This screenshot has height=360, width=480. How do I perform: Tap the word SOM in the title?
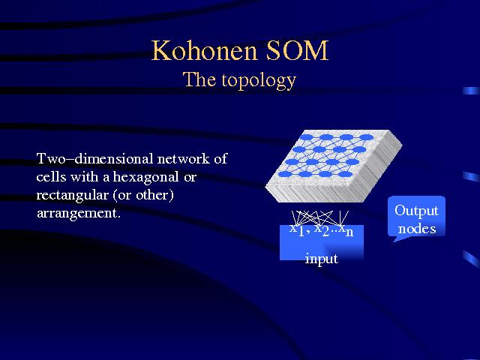pos(297,50)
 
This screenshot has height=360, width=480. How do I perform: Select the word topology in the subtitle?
pos(259,81)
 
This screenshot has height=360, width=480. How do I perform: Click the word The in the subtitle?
pos(199,79)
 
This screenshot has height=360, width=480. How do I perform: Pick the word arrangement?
pos(78,214)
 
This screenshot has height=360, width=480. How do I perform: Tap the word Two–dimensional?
pos(94,159)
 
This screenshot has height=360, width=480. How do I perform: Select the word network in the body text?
pos(183,159)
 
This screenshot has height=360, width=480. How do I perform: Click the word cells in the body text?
pos(51,177)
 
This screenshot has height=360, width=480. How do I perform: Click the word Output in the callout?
pos(416,211)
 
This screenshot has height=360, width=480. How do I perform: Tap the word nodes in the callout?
pos(417,229)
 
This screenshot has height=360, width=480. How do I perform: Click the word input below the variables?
pos(322,259)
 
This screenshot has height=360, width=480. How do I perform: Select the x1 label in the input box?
pos(297,229)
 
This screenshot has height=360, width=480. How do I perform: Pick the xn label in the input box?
pos(346,230)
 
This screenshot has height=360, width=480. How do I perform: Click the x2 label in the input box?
pos(322,229)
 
